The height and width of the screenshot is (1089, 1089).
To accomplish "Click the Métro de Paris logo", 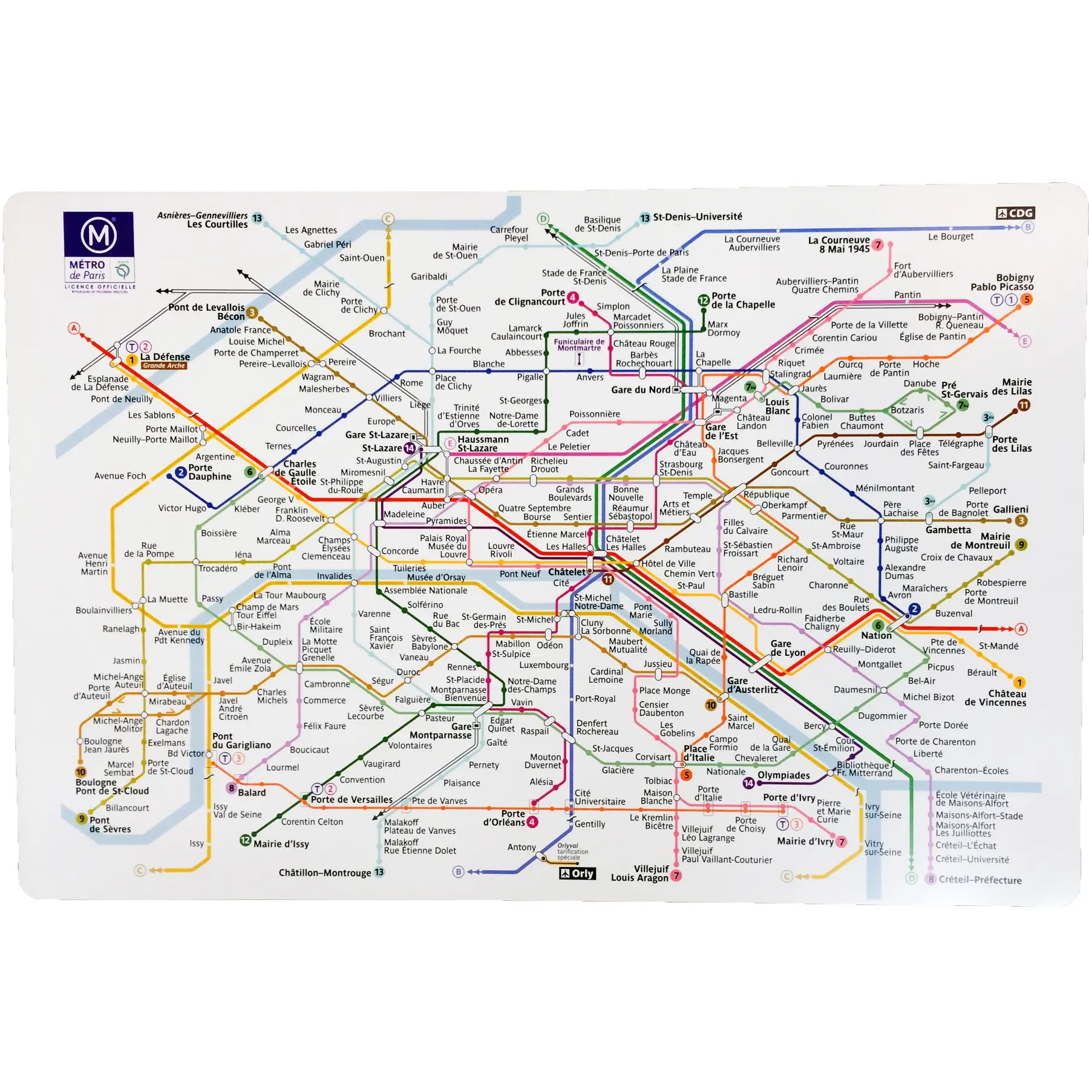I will tap(99, 249).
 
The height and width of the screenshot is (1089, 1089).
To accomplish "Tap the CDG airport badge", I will tap(1015, 213).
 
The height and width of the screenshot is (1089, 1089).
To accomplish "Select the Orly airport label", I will tap(577, 873).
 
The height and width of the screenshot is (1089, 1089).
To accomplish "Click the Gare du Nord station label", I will tap(640, 390).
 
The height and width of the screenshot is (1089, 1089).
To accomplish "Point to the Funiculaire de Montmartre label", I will tap(579, 345).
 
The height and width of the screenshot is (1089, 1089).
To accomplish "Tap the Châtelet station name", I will tap(566, 572).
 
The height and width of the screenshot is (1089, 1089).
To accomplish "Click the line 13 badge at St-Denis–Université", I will tap(645, 218).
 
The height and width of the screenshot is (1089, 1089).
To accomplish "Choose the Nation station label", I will tap(876, 635).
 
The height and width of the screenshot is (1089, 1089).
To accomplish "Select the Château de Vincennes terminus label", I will tap(995, 698).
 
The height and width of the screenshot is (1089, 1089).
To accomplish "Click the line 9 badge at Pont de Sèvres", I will tap(82, 819).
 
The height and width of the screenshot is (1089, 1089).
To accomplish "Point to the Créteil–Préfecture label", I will tap(979, 880).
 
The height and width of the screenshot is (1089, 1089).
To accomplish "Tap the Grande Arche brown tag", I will tap(164, 365).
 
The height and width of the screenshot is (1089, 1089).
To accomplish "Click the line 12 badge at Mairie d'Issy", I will tap(245, 840).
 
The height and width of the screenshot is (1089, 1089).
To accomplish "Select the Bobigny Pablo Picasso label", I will tap(1002, 282).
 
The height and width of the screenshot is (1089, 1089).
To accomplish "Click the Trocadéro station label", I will tap(218, 568).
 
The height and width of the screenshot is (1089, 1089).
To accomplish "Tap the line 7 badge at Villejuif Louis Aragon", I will tap(676, 875).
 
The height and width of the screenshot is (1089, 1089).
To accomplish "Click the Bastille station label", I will tap(743, 594).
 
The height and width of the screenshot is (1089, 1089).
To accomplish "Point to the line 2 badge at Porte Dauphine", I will tap(180, 473).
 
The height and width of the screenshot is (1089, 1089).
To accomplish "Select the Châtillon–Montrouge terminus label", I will tap(325, 872).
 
